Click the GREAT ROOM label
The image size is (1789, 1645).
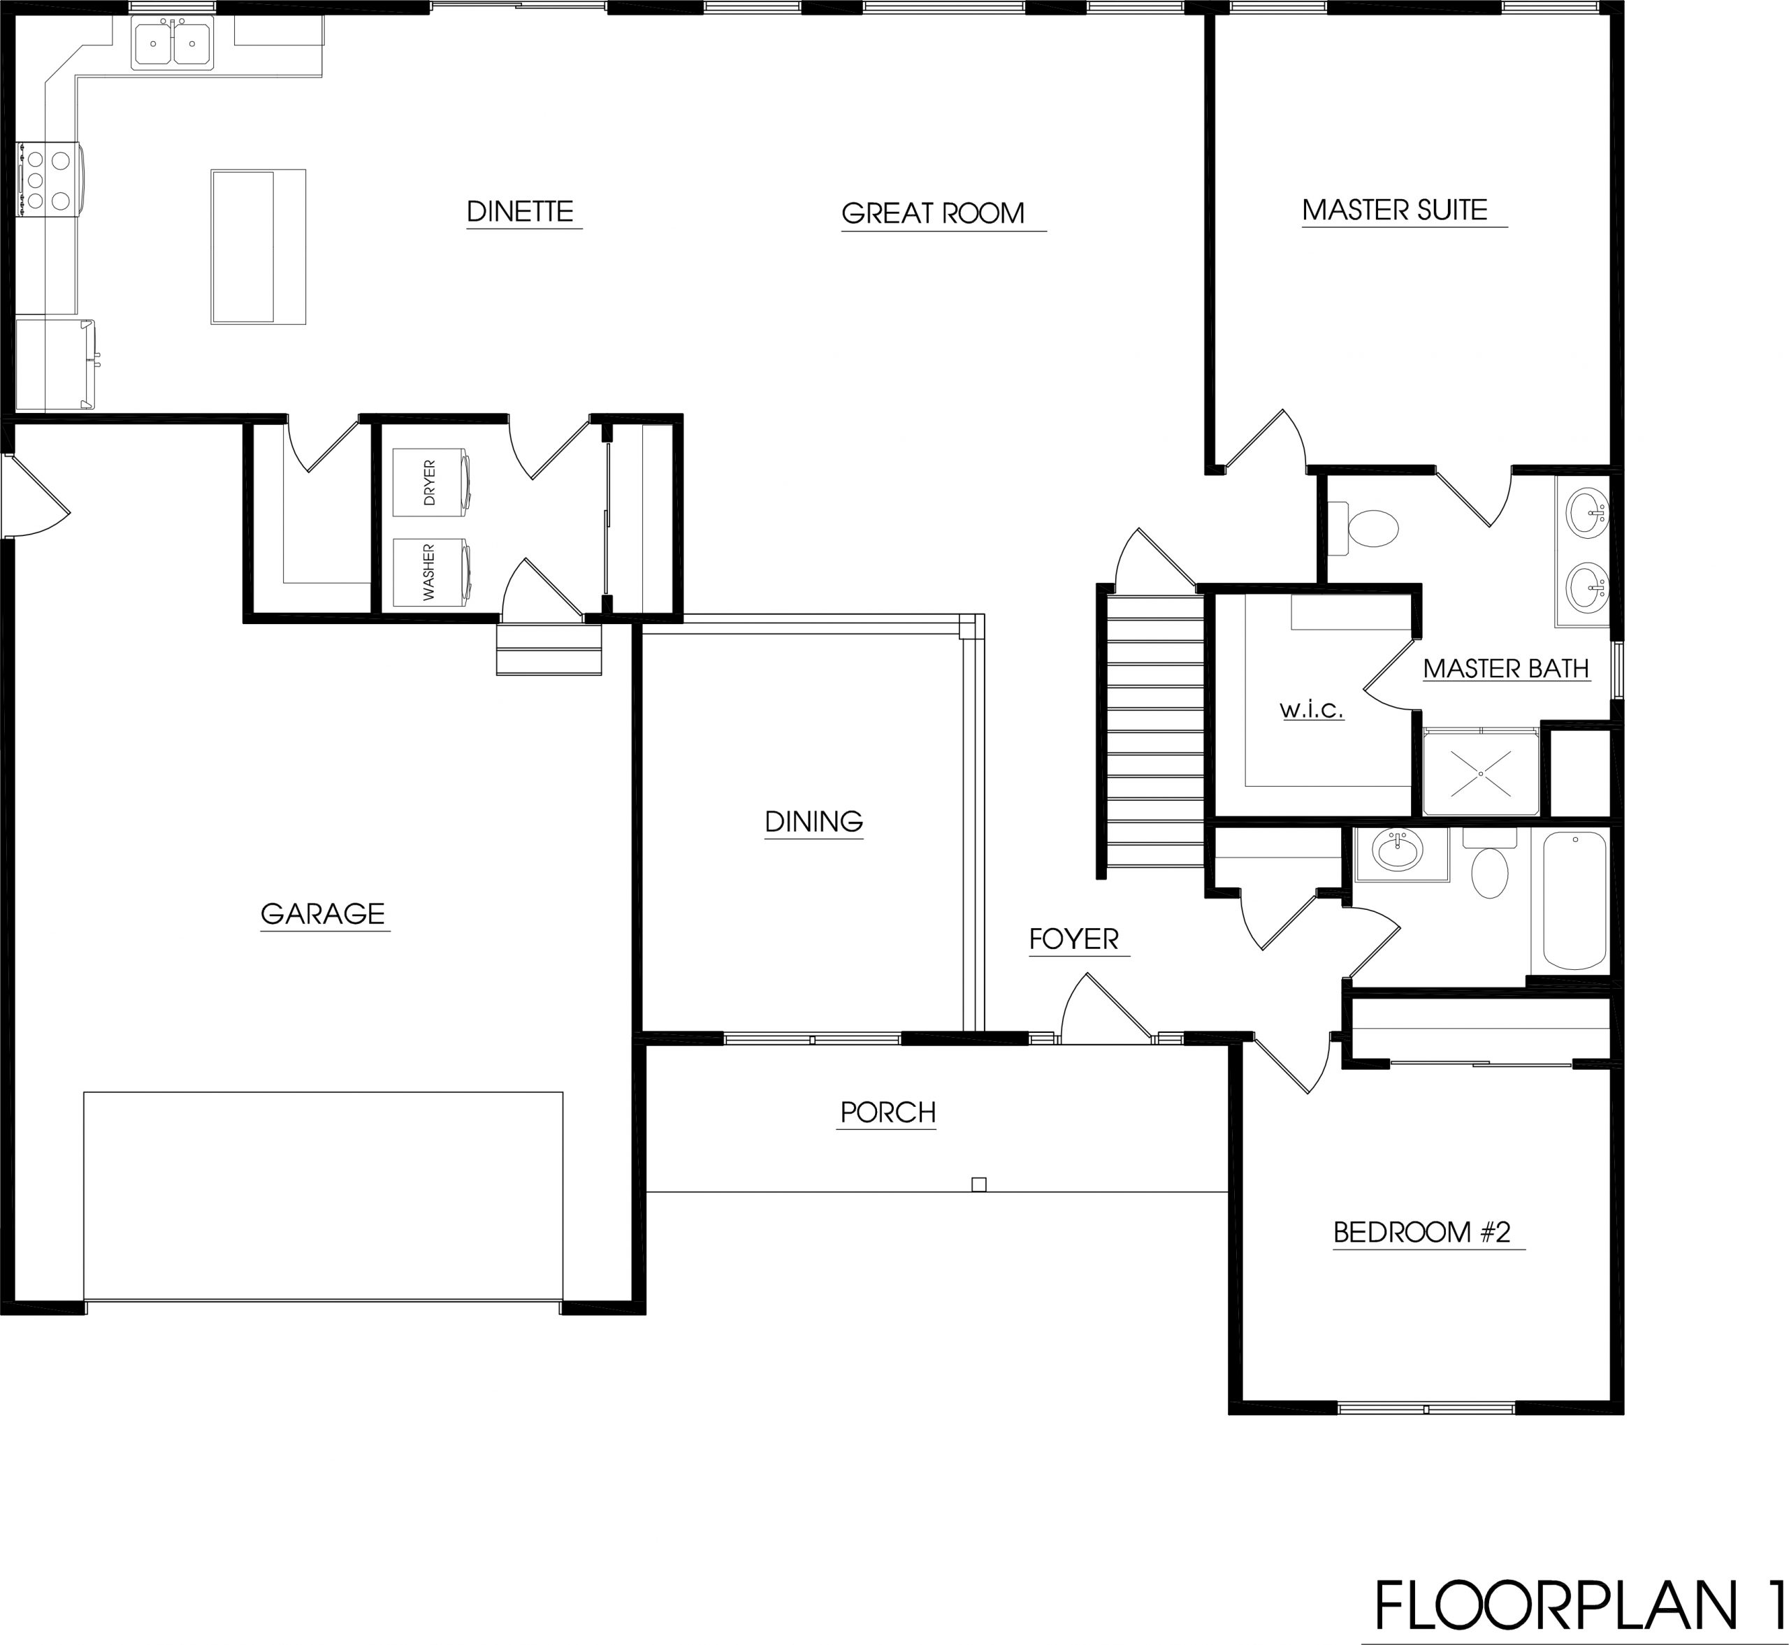tap(933, 214)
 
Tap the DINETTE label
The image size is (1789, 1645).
tap(520, 212)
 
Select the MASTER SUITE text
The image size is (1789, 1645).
tap(1395, 210)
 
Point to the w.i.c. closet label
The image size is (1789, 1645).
tap(1311, 709)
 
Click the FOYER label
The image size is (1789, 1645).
tap(1073, 939)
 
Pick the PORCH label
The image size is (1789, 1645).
tap(888, 1113)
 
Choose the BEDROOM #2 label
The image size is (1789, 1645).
tap(1421, 1232)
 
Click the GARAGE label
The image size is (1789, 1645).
tap(322, 914)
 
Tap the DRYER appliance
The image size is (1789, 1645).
tap(433, 481)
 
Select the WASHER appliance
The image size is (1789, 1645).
tap(433, 572)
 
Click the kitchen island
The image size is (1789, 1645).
tap(258, 247)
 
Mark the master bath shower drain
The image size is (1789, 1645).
tap(1481, 774)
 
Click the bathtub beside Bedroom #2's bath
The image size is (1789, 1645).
tap(1574, 900)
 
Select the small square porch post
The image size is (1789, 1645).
tap(979, 1184)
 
